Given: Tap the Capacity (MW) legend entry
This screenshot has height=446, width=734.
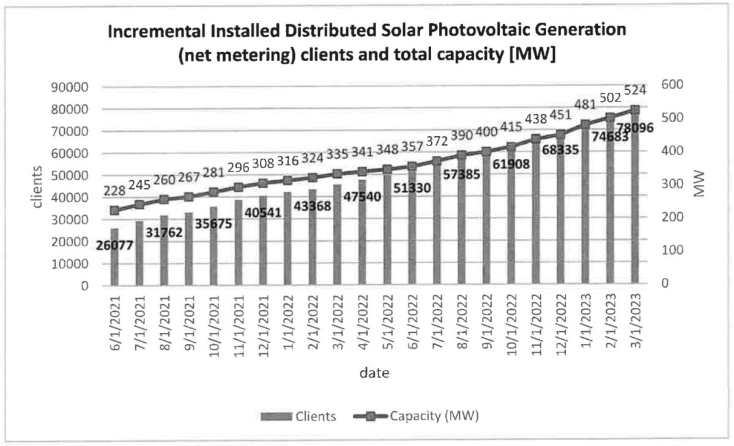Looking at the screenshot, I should point(416,417).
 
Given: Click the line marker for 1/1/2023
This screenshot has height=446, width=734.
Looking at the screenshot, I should point(585,125).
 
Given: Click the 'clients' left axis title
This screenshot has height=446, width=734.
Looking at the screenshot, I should point(38,186).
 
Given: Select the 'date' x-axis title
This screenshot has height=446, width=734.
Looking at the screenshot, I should point(374,372).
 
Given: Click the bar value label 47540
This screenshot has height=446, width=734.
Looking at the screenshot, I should point(361,196).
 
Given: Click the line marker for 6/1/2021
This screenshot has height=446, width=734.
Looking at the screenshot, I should point(114,211).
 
